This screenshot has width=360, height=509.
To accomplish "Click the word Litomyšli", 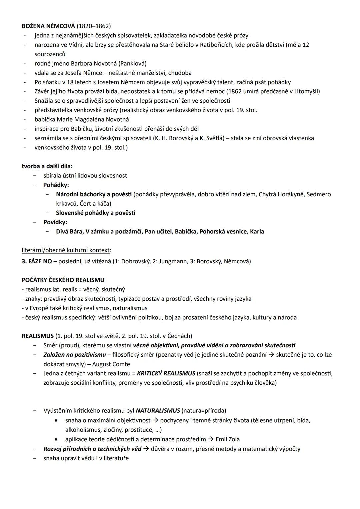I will point(307,91).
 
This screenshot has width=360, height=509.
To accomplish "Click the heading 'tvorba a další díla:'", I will point(47,166).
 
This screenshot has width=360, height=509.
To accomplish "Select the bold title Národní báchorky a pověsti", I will point(94,194).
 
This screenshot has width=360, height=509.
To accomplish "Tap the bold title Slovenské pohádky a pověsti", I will point(95,213).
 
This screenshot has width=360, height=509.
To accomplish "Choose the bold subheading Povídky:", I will point(55,222).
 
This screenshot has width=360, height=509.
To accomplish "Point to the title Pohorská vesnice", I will point(223,231).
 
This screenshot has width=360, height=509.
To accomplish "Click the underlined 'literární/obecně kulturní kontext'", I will point(66,250).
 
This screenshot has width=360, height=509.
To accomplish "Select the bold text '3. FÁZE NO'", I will point(37,261).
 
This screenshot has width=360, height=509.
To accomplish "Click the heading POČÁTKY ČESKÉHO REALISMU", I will point(63,280).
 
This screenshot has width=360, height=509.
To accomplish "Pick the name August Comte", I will point(111,364).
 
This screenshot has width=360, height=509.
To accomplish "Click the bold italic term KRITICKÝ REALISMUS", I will point(166,373).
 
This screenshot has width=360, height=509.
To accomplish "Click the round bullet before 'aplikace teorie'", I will point(58,439).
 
